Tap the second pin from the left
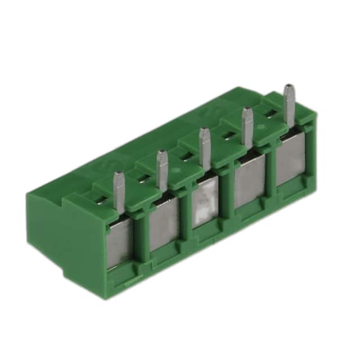[x=161, y=170]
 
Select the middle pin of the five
[x=204, y=147]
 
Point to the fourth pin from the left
[x=245, y=127]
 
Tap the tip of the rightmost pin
[x=289, y=88]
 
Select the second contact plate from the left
[x=164, y=228]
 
